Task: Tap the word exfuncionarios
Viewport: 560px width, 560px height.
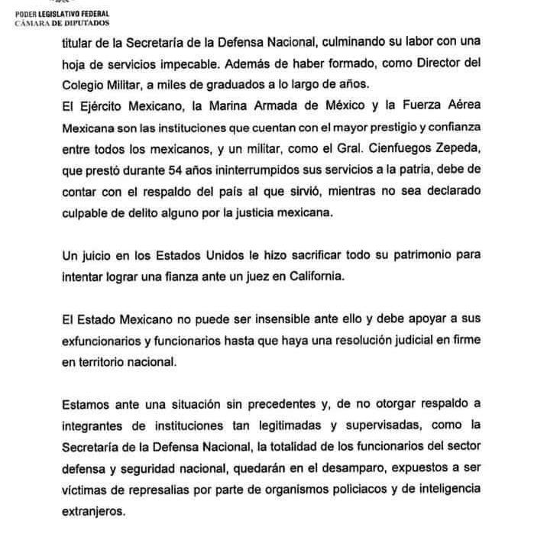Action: pyautogui.click(x=104, y=341)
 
